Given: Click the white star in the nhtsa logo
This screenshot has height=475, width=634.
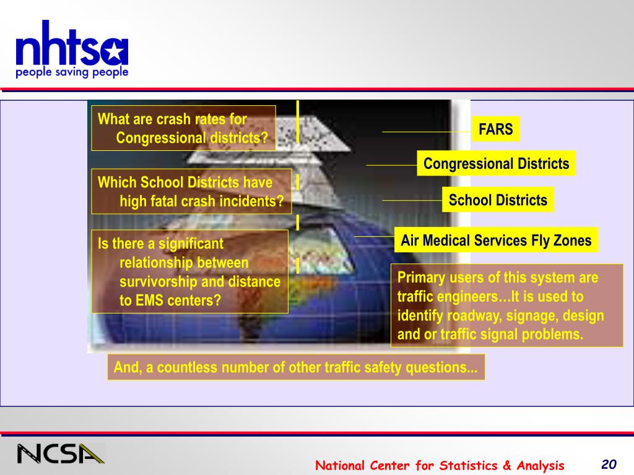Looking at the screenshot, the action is tap(115, 52).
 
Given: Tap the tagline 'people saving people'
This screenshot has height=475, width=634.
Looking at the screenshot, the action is tap(72, 72).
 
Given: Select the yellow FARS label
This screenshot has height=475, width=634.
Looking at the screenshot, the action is tap(496, 129).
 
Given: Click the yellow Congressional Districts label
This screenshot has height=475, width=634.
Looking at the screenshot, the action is tap(496, 163).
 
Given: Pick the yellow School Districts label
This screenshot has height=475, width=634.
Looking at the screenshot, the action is tap(498, 200).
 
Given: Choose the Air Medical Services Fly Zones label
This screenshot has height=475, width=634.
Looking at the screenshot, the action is tap(496, 241).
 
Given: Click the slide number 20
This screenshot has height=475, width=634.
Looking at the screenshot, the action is tap(609, 464).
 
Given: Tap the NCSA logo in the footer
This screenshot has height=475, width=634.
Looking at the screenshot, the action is tap(61, 453).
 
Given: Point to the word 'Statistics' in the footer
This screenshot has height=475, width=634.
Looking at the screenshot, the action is tap(468, 465).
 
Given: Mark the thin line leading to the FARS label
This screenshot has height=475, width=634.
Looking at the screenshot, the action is tap(427, 132).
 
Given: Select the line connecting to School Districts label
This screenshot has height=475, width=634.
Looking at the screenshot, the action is tap(412, 200).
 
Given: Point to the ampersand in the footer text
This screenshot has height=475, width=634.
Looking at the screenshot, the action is tap(506, 465).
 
